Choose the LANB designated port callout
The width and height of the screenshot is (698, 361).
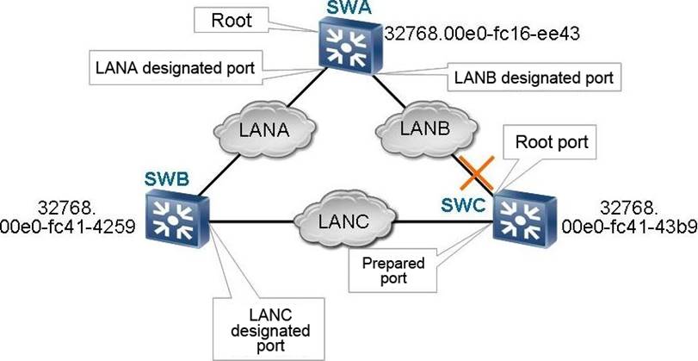pyautogui.click(x=532, y=78)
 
